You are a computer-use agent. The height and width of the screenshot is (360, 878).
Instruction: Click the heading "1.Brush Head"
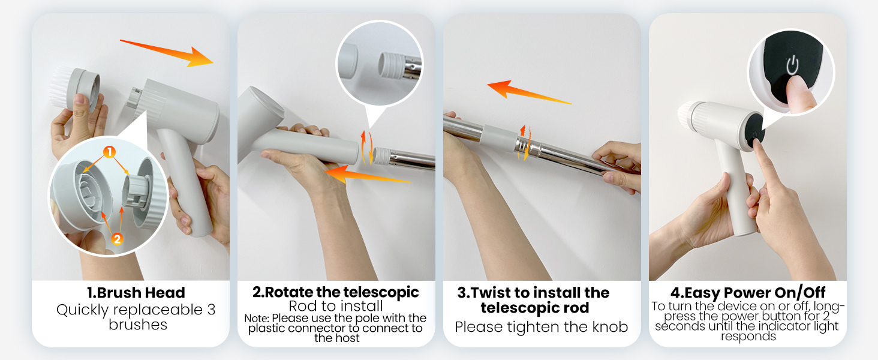tap(136, 293)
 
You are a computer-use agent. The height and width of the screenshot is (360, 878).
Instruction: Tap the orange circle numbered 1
tap(109, 152)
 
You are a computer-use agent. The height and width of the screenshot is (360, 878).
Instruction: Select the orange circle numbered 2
tap(117, 239)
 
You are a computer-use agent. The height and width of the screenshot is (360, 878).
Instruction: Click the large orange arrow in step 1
tap(168, 53)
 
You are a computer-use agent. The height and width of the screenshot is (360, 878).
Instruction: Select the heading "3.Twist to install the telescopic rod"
tap(534, 300)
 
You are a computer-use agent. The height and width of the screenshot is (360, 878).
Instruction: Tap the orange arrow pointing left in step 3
tap(528, 93)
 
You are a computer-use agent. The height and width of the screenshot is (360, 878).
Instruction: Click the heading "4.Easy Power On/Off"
tap(748, 293)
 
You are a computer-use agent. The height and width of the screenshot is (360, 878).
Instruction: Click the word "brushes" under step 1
tap(137, 325)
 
